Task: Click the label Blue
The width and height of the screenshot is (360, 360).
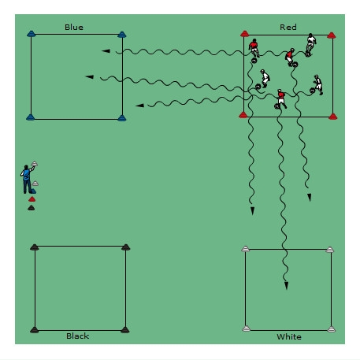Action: [74, 27]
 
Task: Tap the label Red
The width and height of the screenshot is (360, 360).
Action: [288, 27]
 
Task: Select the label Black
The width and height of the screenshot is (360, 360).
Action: [77, 336]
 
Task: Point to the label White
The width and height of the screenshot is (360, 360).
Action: [289, 336]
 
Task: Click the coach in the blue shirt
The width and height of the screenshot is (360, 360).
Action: [27, 179]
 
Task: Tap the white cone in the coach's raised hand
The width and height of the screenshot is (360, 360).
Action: [35, 164]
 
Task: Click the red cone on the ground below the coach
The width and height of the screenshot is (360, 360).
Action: [32, 199]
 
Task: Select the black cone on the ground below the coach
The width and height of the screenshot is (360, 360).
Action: [31, 208]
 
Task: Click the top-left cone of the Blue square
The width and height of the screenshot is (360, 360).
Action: [31, 34]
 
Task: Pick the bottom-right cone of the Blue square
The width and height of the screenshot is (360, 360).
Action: [122, 118]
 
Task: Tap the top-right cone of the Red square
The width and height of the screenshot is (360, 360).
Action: [332, 35]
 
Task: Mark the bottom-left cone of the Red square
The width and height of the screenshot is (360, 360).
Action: [243, 115]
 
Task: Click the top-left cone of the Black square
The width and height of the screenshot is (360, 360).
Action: [35, 247]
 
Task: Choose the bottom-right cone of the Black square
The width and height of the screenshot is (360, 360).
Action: [125, 330]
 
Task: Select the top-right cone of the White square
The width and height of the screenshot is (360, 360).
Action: [330, 250]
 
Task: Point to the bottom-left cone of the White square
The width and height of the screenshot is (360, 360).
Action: [246, 328]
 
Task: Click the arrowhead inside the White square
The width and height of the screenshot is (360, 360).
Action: [286, 286]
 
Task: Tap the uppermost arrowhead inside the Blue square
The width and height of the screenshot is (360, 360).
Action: [106, 51]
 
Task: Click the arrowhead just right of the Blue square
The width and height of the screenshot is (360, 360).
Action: [139, 106]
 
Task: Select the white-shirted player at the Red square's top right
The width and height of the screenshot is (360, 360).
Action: [310, 45]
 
